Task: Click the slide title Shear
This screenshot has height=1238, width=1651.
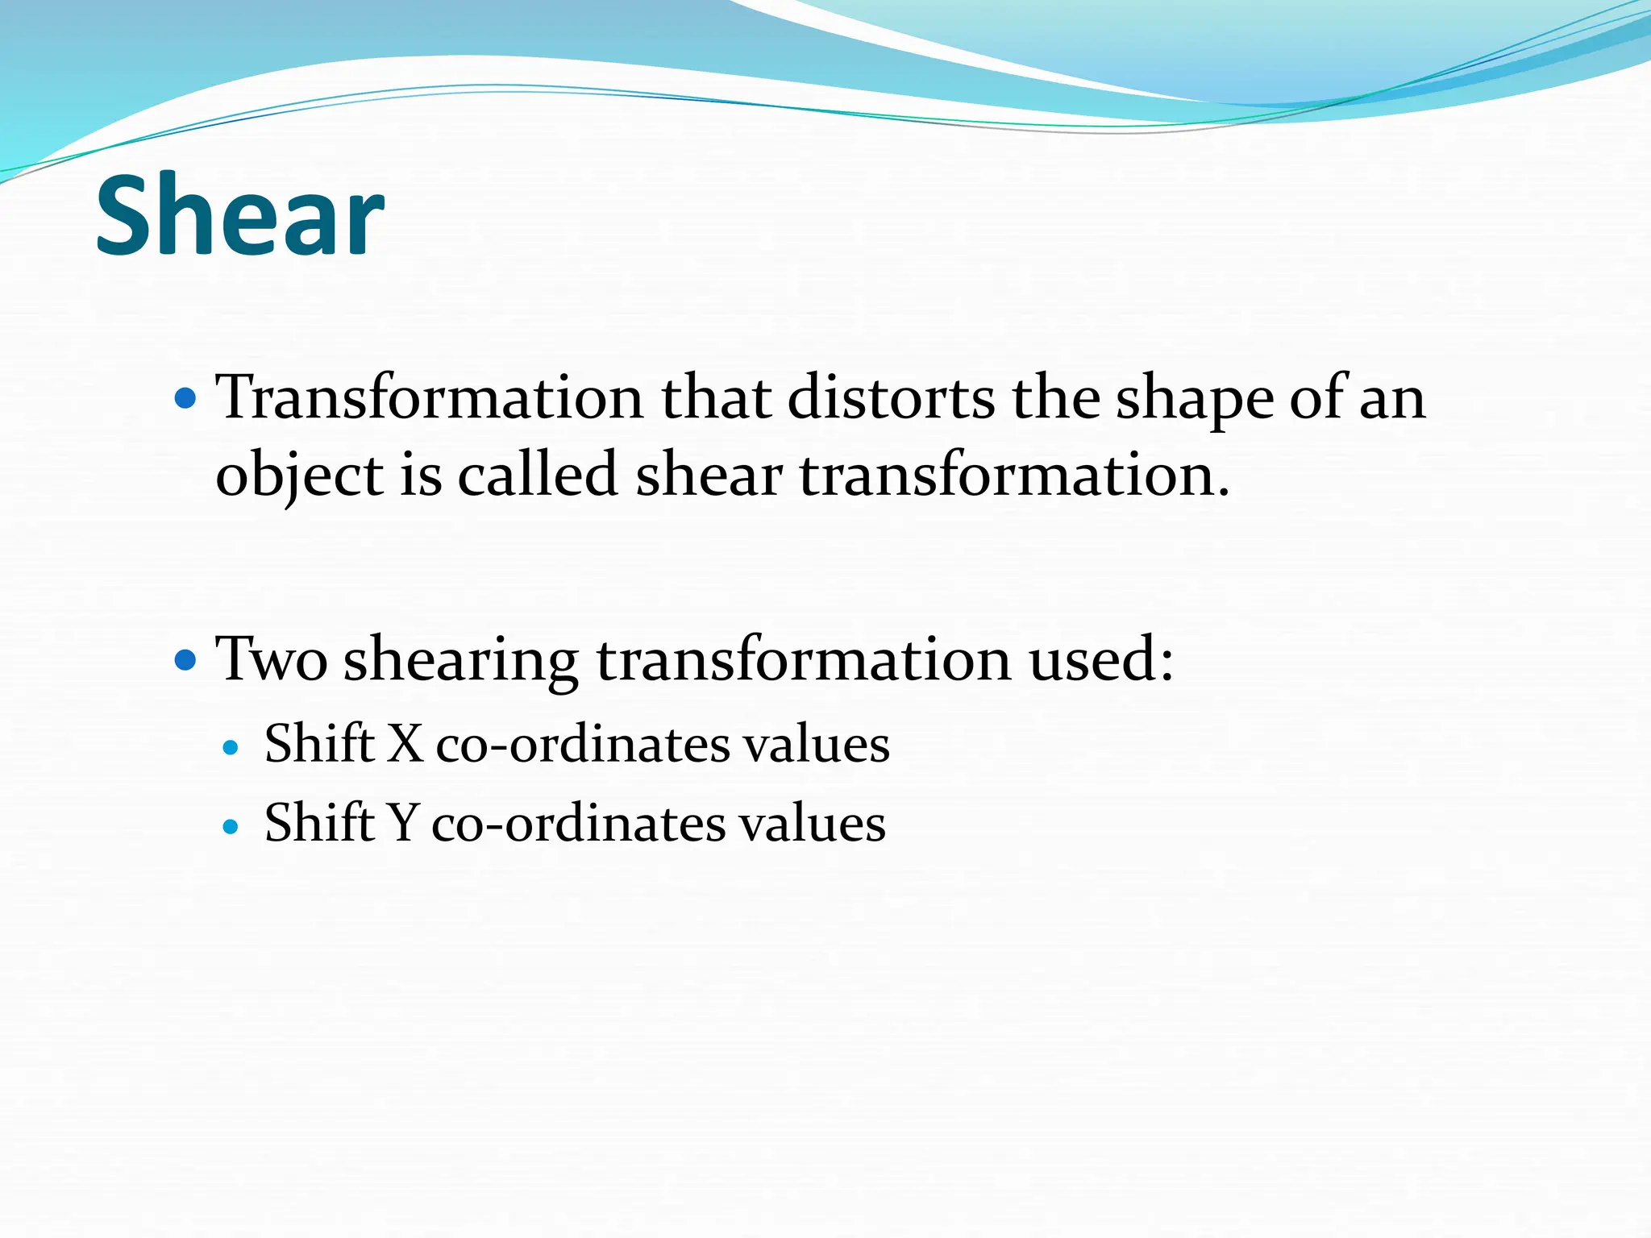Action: coord(239,215)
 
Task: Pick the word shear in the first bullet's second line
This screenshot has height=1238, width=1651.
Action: coord(709,476)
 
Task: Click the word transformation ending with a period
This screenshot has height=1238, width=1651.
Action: coord(1014,476)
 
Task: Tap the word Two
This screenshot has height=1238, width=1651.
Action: coord(272,659)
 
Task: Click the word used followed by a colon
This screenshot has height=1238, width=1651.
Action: coord(1100,659)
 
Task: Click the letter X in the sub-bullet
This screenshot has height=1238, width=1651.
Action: coord(405,743)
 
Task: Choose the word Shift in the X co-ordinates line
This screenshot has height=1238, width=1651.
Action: coord(320,743)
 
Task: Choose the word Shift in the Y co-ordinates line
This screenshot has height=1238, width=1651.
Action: coord(320,823)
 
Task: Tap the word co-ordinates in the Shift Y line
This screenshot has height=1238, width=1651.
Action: coord(578,825)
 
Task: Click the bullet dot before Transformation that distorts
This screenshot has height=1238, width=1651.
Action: coord(185,398)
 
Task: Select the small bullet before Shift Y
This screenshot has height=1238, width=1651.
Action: coord(231,827)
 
